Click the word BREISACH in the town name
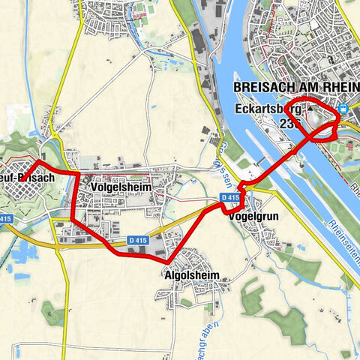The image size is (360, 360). [x=265, y=88]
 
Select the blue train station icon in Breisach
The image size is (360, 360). [x=343, y=108]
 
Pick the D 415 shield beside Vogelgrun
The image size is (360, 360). [x=229, y=197]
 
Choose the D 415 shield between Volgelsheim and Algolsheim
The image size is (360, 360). [x=136, y=239]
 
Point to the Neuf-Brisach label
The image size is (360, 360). [x=27, y=178]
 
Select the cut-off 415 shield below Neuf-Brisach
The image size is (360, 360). [x=6, y=218]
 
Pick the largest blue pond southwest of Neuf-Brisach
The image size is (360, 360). [x=22, y=250]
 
